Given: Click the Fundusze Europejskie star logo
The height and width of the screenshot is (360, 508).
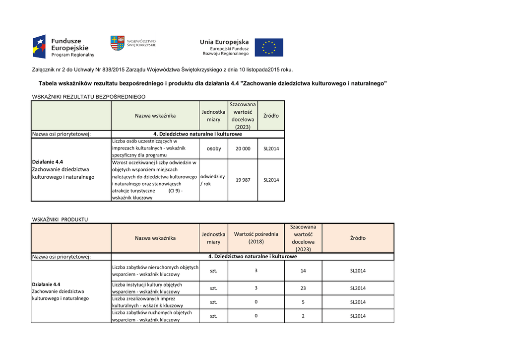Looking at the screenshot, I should (39, 47).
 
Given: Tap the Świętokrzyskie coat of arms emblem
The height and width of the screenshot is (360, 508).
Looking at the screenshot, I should (117, 43).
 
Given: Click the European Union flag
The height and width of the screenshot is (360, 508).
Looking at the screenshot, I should (269, 48).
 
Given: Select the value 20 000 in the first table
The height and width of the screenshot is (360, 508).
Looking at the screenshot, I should (243, 148).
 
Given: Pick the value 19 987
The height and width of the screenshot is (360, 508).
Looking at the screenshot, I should (243, 180).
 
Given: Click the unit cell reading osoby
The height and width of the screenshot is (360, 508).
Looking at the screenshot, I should (213, 148).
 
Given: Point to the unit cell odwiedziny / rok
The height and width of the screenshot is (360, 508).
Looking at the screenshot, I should (212, 180).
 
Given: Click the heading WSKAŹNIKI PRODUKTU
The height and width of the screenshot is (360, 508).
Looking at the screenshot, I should (60, 219).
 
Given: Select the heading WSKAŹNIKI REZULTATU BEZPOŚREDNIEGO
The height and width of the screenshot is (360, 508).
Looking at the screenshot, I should (88, 96).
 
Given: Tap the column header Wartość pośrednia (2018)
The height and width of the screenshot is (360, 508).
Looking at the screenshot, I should (256, 238).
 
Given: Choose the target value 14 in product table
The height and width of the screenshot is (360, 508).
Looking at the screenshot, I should (303, 271).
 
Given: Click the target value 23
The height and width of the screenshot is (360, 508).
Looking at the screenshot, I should (303, 288).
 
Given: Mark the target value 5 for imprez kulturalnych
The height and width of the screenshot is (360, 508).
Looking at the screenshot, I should (303, 302).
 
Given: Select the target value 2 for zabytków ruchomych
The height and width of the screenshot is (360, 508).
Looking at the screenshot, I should (303, 316).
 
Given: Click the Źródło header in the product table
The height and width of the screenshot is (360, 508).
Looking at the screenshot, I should (358, 238).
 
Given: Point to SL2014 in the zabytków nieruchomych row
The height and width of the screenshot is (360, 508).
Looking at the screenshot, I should (358, 271).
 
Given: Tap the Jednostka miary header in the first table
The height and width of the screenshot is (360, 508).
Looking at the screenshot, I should (213, 116).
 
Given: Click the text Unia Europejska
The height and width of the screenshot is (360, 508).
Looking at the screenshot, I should (224, 42).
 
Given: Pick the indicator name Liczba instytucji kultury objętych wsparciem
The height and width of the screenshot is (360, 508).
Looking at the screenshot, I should (147, 288).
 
